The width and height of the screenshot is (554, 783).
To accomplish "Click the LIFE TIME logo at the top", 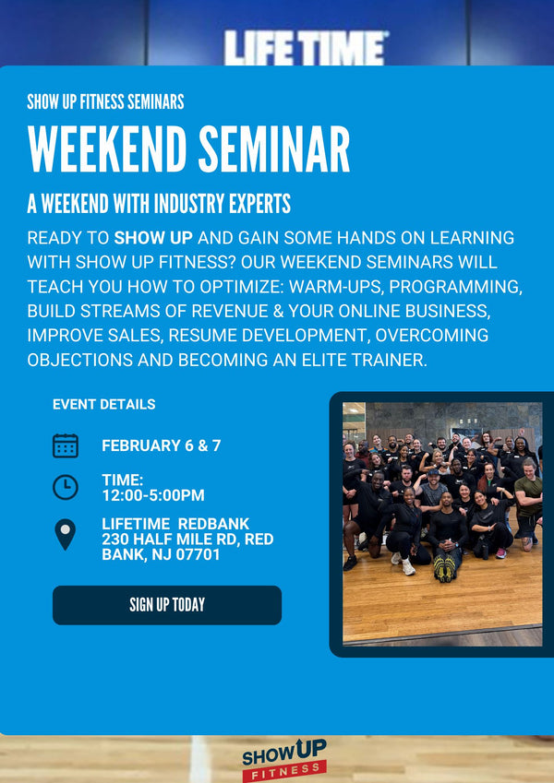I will pyautogui.click(x=306, y=48).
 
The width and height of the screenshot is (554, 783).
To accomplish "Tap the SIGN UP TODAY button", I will pyautogui.click(x=167, y=605).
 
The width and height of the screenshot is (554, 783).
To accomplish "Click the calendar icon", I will pyautogui.click(x=66, y=445).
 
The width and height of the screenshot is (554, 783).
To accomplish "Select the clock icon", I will pyautogui.click(x=66, y=487).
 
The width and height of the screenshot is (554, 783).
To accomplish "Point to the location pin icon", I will pyautogui.click(x=65, y=534).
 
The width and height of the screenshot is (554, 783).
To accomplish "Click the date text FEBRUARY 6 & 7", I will pyautogui.click(x=162, y=445).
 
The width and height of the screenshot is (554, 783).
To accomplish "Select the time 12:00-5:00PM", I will pyautogui.click(x=153, y=495).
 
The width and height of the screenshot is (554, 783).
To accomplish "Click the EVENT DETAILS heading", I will pyautogui.click(x=103, y=404).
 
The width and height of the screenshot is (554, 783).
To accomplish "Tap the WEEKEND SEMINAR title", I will pyautogui.click(x=188, y=148).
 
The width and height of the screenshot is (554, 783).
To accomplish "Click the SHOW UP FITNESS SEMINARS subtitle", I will pyautogui.click(x=105, y=101).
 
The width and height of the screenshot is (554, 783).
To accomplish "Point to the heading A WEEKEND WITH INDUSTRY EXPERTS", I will pyautogui.click(x=159, y=203).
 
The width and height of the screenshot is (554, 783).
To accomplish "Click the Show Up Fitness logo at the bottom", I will pyautogui.click(x=283, y=758).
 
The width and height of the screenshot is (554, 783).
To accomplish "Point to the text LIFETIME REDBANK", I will pyautogui.click(x=175, y=524).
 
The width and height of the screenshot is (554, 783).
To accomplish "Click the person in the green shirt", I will pyautogui.click(x=527, y=497).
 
